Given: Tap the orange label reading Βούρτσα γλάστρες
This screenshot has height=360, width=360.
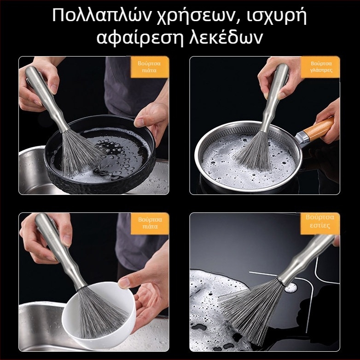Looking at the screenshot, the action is [320, 67].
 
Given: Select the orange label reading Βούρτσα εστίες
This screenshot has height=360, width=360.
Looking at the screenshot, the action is [320, 223].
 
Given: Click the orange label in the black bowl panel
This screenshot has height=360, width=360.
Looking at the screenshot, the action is [150, 67].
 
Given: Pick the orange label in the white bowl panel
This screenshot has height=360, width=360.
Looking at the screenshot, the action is [150, 223].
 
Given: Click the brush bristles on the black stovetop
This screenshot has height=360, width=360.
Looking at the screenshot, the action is [253, 308].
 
